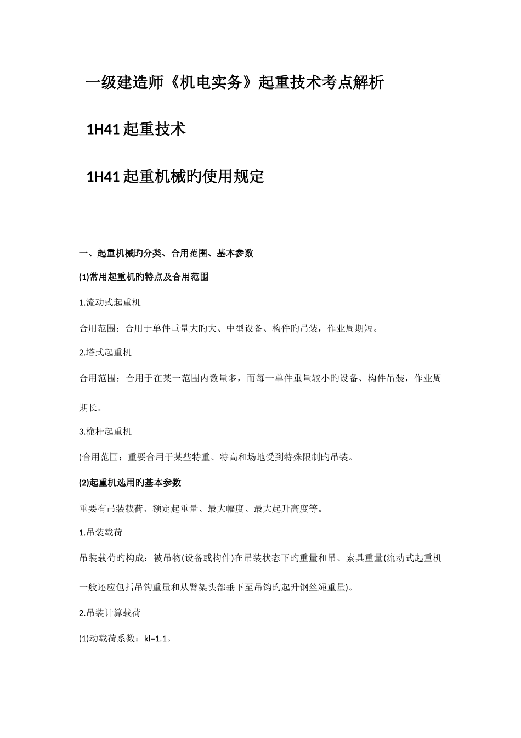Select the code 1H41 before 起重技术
pyautogui.click(x=103, y=130)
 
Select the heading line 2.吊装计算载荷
pyautogui.click(x=110, y=613)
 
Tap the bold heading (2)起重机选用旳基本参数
pyautogui.click(x=130, y=483)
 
